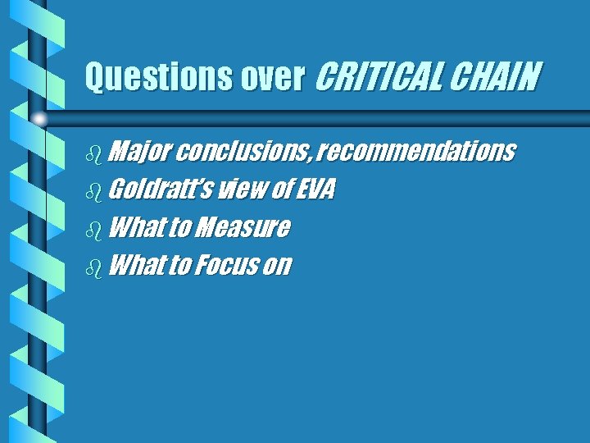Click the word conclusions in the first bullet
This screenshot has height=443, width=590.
(x=243, y=152)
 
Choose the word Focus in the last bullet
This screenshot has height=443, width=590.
(x=225, y=265)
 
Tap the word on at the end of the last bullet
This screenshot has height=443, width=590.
(x=278, y=265)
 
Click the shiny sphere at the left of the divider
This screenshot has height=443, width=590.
(x=39, y=119)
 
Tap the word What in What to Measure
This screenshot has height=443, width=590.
(x=135, y=227)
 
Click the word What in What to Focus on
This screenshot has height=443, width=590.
(x=135, y=265)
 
